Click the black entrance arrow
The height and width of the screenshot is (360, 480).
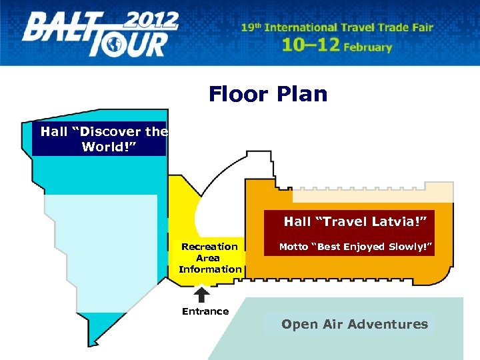[x=201, y=294]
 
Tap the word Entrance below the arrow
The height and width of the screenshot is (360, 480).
[x=205, y=311]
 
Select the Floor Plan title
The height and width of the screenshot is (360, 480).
[x=268, y=94]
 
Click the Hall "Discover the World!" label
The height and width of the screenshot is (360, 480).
[x=104, y=139]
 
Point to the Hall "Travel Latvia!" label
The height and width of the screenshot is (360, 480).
[x=355, y=221]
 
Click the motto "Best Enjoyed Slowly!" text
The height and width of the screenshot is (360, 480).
[x=356, y=247]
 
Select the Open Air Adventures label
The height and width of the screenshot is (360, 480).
[x=355, y=325]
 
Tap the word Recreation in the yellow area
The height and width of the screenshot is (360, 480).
[x=209, y=247]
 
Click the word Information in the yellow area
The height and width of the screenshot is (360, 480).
[x=210, y=269]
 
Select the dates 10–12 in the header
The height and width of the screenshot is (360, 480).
[x=311, y=45]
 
